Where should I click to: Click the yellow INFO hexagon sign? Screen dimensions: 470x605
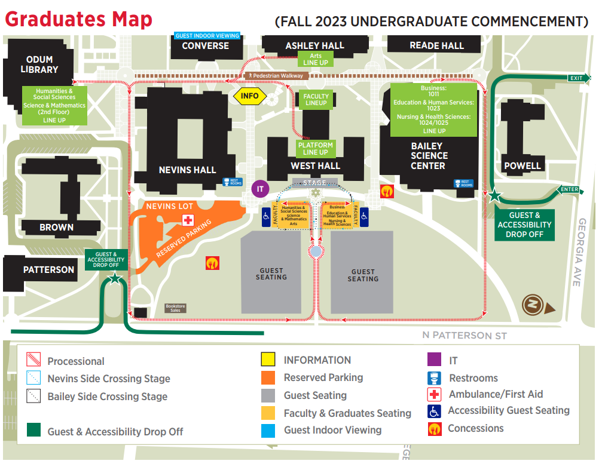(x=250, y=96)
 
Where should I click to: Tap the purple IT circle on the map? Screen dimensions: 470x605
(x=260, y=189)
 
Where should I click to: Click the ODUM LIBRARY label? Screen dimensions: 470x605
(x=39, y=64)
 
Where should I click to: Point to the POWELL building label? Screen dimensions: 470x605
(x=522, y=165)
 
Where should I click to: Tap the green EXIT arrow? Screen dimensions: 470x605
(x=578, y=78)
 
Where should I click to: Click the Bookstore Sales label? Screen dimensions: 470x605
(x=176, y=309)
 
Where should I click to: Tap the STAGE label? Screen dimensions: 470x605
(x=314, y=183)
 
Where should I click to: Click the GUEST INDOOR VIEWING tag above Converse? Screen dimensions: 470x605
(x=207, y=36)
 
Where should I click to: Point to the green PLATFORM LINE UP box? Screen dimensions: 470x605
(x=315, y=148)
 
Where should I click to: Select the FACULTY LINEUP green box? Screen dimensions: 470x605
(x=316, y=100)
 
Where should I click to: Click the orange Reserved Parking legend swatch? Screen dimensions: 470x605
(x=268, y=377)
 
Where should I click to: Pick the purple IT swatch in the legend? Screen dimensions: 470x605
(x=435, y=360)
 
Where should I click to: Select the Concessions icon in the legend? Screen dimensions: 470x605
(x=435, y=428)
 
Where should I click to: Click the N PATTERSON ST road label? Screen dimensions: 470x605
(x=464, y=335)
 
